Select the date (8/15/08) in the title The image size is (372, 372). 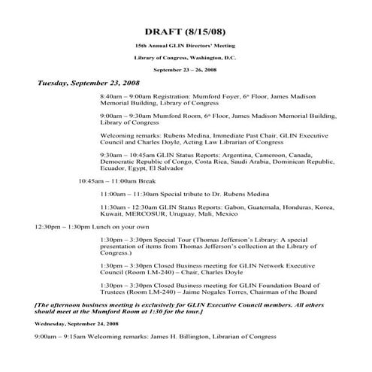pyautogui.click(x=204, y=33)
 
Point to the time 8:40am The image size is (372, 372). pyautogui.click(x=110, y=98)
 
